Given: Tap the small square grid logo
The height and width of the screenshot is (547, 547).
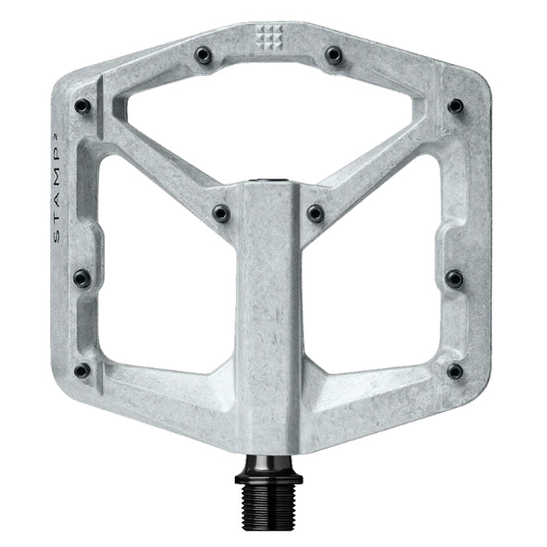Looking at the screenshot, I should [x=267, y=37].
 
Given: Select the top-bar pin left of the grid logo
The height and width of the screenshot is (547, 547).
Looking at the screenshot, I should [x=203, y=56].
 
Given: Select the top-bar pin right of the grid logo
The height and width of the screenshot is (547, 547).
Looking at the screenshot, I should [x=333, y=56].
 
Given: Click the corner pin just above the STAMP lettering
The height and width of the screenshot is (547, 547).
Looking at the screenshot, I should [x=82, y=106].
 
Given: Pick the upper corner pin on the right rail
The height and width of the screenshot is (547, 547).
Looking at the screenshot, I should [x=454, y=106].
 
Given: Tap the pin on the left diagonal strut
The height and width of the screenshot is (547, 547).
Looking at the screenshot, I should [x=221, y=214].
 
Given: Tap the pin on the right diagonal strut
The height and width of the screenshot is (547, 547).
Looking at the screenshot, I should [x=316, y=214].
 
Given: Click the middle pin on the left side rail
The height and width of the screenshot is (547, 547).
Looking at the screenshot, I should [x=81, y=277].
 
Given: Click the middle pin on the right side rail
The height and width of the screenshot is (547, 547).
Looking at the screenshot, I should [x=454, y=277].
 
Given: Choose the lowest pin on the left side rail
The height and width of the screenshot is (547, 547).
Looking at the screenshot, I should [x=82, y=370].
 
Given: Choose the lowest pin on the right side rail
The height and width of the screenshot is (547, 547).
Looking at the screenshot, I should [x=454, y=371].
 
